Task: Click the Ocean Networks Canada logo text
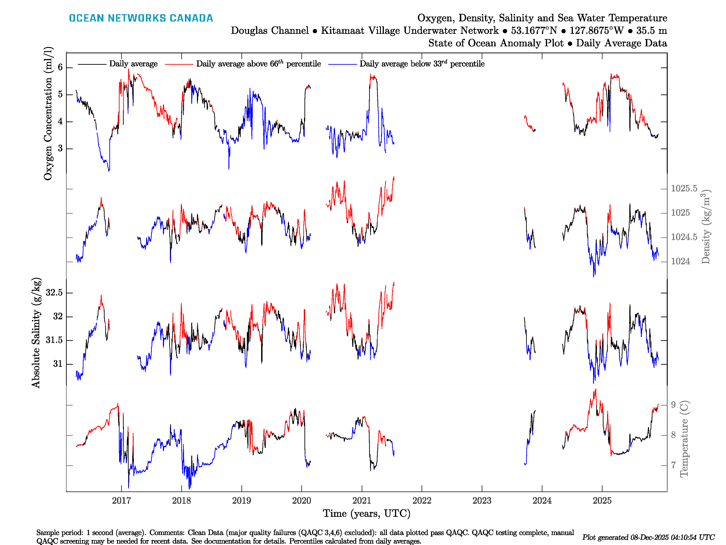141,18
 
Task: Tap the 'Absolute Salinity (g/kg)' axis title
36,332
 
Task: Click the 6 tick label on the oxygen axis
60,67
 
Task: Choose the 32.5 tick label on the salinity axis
54,292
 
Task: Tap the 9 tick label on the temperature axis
673,405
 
